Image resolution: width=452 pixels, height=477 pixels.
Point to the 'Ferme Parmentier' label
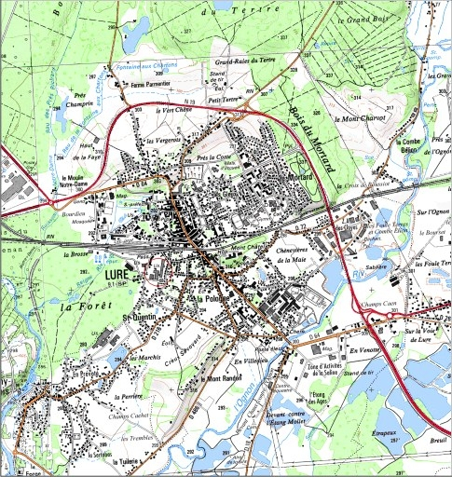point(151,84)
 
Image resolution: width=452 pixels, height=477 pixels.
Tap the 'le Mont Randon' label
point(225,378)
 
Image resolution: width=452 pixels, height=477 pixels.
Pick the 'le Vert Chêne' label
point(168,109)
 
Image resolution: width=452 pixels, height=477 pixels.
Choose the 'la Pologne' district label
point(207,298)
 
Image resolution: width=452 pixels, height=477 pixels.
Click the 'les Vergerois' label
point(163,139)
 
